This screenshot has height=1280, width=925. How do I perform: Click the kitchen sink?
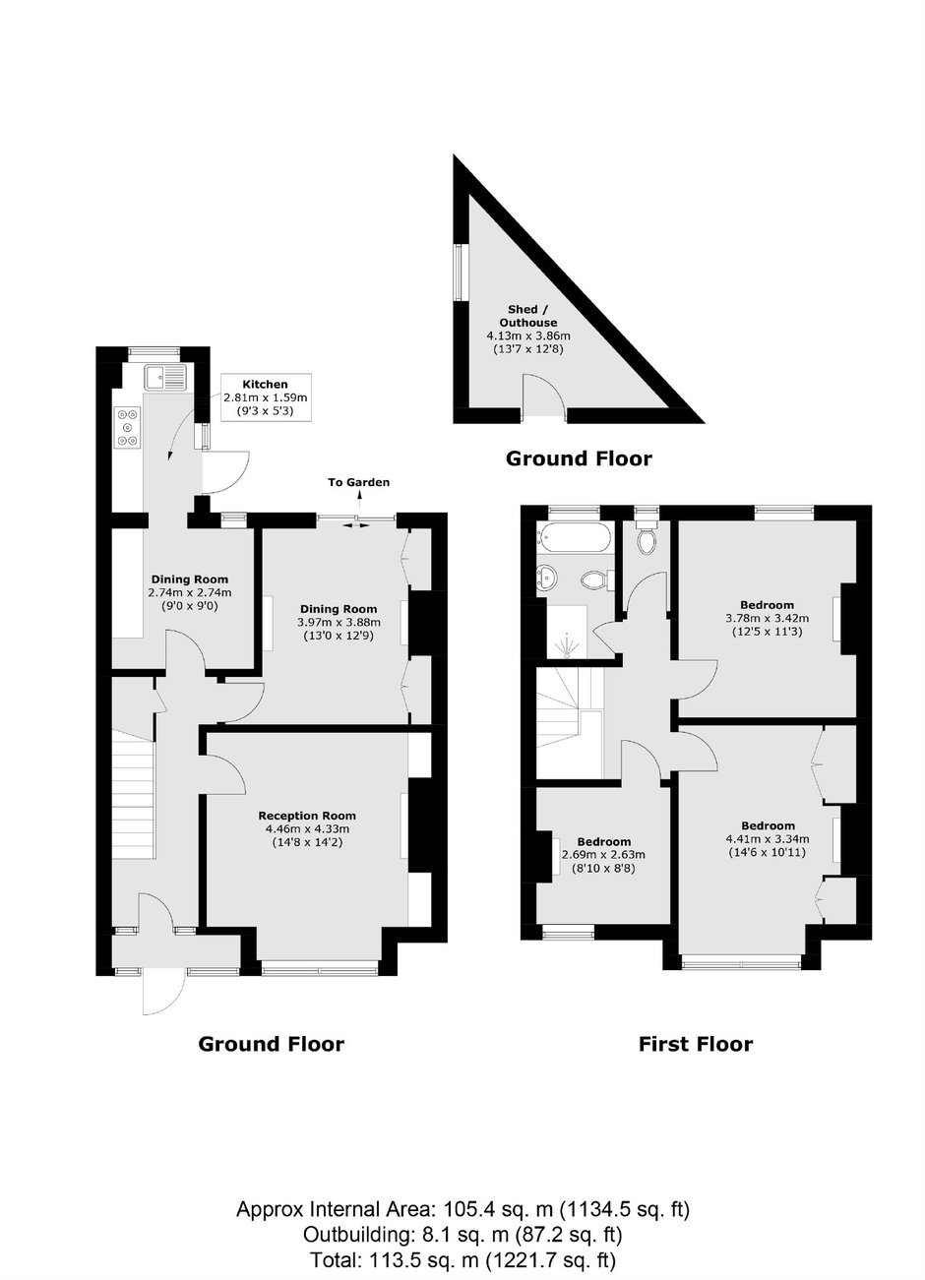[x=165, y=377]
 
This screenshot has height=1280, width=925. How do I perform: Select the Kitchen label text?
[x=265, y=384]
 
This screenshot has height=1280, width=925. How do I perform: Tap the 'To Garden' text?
[x=358, y=482]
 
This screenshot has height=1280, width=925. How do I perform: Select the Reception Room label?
[x=307, y=816]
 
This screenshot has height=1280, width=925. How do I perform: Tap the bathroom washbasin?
[x=549, y=579]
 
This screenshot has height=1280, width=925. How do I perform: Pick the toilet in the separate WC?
[x=647, y=536]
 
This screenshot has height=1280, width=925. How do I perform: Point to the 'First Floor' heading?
[x=695, y=1044]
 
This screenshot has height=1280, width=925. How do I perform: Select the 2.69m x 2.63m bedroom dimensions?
[x=603, y=855]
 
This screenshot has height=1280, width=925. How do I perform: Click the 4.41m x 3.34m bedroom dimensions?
[x=768, y=839]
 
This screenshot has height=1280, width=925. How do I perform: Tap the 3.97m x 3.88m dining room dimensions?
[x=339, y=622]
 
